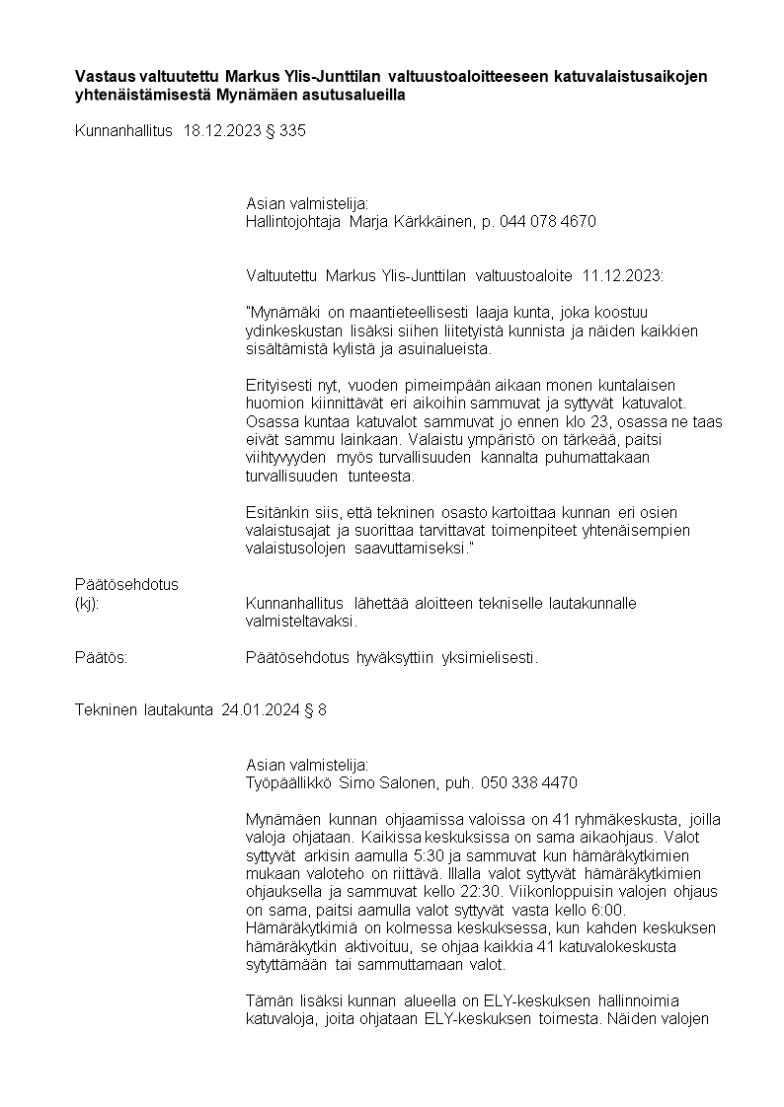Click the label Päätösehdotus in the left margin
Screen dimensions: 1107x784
click(x=126, y=584)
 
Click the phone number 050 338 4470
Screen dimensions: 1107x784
click(x=529, y=782)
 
